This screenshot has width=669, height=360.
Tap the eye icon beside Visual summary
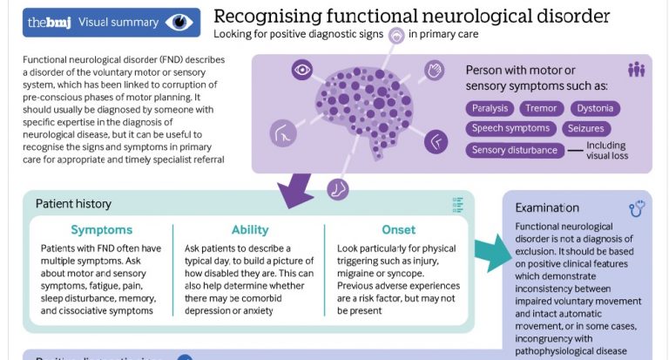pyautogui.click(x=179, y=21)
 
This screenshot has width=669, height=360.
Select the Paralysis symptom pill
pyautogui.click(x=490, y=109)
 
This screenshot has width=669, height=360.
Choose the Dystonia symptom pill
pyautogui.click(x=596, y=109)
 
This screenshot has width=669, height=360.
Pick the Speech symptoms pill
pyautogui.click(x=510, y=128)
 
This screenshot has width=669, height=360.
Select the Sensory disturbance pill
pyautogui.click(x=514, y=150)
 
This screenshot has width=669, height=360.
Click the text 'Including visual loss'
pyautogui.click(x=607, y=151)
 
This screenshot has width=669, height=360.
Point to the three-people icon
pyautogui.click(x=636, y=70)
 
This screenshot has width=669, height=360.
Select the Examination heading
pyautogui.click(x=546, y=207)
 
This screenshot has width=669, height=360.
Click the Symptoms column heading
pyautogui.click(x=102, y=230)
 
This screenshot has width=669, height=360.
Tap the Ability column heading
pyautogui.click(x=250, y=230)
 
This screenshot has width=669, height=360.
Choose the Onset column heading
pyautogui.click(x=398, y=230)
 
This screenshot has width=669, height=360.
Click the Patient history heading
pyautogui.click(x=73, y=204)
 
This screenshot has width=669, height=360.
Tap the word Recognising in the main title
pyautogui.click(x=265, y=17)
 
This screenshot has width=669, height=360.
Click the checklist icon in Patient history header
pyautogui.click(x=457, y=205)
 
